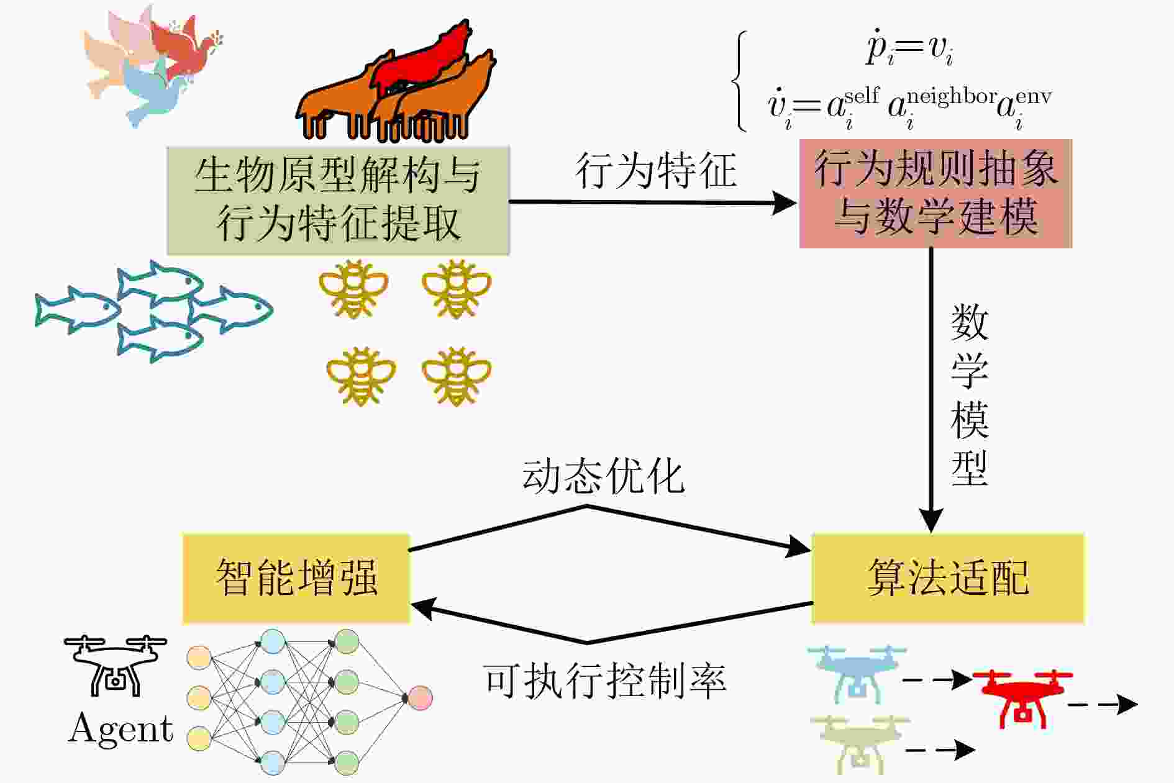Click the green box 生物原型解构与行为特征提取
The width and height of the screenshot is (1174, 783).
pos(338,201)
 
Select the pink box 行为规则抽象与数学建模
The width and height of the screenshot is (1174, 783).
pos(935,194)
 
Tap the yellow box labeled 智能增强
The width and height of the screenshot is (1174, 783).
pos(296,578)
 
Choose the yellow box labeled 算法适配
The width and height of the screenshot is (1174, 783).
pos(948,578)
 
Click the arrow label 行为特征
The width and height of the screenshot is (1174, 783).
pos(656,171)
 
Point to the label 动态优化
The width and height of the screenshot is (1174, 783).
pos(603,477)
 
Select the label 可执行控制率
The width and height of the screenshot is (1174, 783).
pos(604,681)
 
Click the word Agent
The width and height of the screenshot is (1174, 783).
pos(121,728)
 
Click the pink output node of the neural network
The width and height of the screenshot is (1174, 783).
pos(419,697)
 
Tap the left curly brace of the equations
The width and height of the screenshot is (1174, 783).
pos(739,81)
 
